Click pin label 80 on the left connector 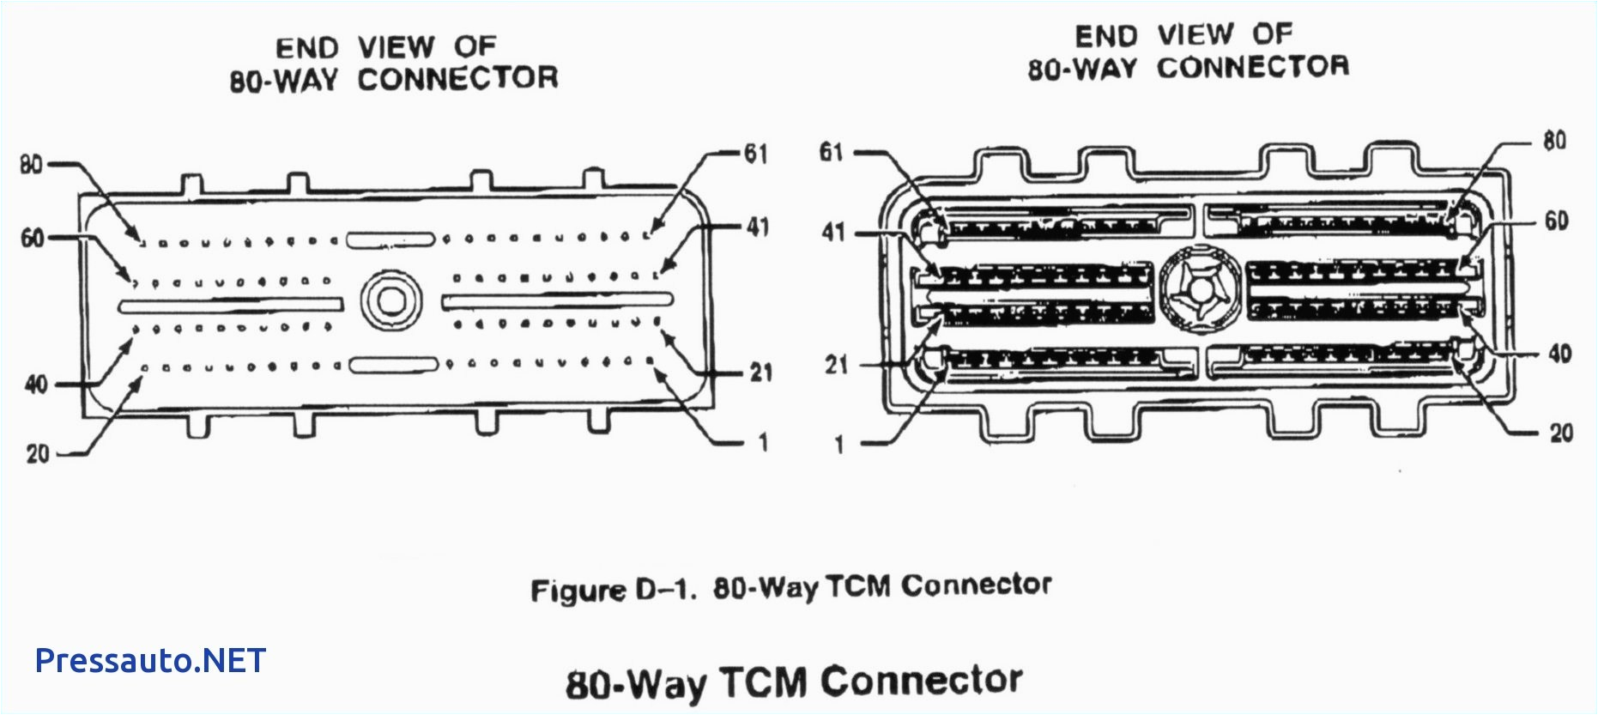(31, 164)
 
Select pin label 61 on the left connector (755, 155)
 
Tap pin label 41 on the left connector (757, 227)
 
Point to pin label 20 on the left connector (38, 454)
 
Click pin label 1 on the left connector (762, 444)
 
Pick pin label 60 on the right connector (1556, 221)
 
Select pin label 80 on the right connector (1554, 141)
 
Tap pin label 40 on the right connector (1559, 354)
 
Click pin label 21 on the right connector (836, 366)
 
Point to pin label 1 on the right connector (838, 445)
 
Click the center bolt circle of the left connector (390, 300)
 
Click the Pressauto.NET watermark (150, 660)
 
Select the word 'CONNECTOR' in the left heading (457, 80)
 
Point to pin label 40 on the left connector (36, 385)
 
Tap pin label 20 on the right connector (1561, 433)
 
